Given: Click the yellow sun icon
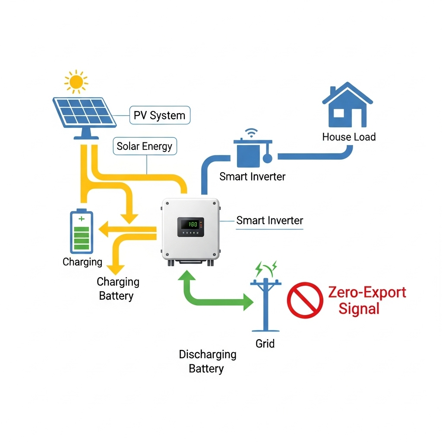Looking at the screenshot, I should (x=76, y=81).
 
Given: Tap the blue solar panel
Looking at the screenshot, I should (x=84, y=111).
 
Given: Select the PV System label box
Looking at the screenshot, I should (x=160, y=116).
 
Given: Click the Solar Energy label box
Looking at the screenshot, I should (x=144, y=147).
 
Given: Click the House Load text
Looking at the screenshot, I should (x=349, y=137).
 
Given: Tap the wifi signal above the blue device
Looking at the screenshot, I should (x=250, y=132).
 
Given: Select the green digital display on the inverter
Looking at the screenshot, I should (x=191, y=224).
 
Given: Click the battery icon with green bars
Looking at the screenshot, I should (x=82, y=232).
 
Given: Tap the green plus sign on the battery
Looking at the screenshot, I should (x=82, y=219).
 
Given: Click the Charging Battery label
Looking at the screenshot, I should (x=117, y=289).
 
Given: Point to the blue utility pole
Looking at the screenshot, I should (x=265, y=302).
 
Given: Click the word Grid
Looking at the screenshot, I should (x=265, y=344).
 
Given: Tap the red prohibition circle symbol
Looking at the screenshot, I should (x=305, y=300).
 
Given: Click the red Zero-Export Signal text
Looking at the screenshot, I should (x=366, y=300).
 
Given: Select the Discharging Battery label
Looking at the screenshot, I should (x=208, y=362).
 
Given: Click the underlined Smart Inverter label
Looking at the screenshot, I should (x=269, y=221).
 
